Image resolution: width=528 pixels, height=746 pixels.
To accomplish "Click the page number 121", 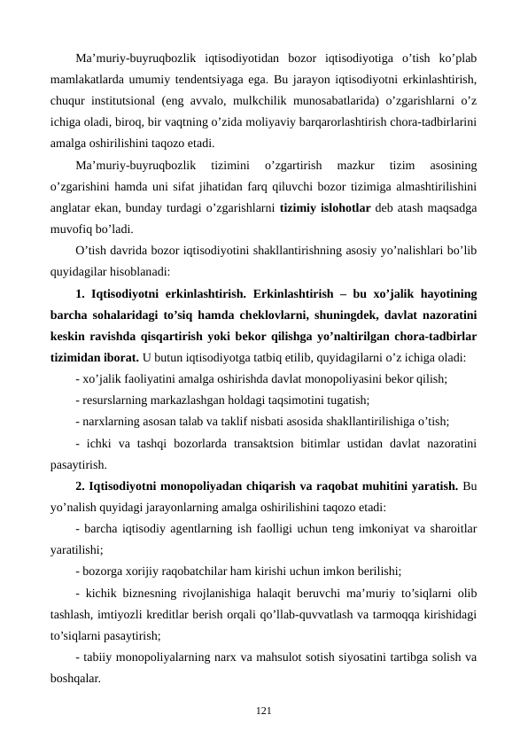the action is click(x=263, y=711).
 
